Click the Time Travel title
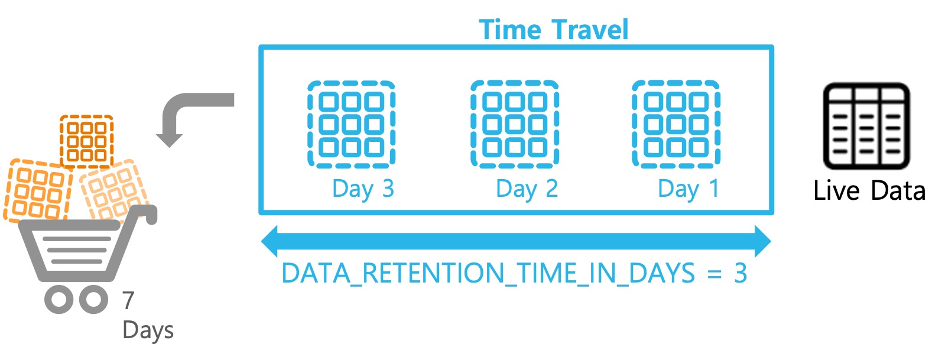554,30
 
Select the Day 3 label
363,189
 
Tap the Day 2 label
527,189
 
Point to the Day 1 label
689,189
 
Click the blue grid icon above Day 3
352,125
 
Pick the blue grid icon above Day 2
515,124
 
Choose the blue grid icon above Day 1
676,124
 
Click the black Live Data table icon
866,126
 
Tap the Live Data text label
869,191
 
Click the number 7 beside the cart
128,300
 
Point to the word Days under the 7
148,330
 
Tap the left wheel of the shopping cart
59,299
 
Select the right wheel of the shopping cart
93,299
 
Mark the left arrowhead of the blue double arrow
269,241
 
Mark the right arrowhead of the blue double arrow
763,241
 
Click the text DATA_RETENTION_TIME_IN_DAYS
488,273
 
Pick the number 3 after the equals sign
741,273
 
